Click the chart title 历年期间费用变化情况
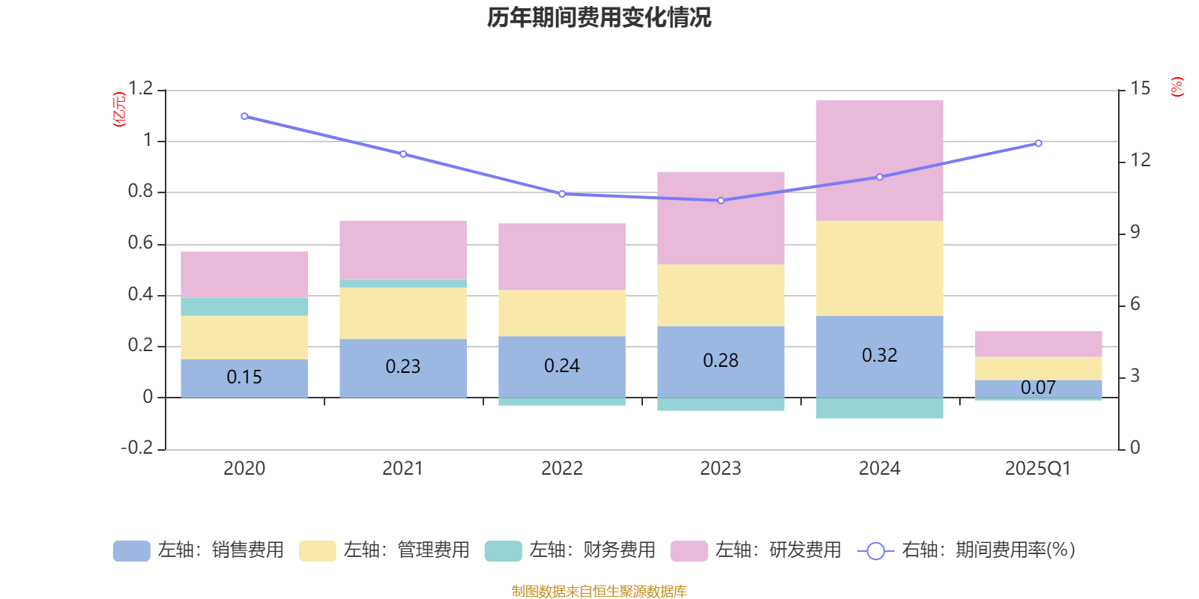[599, 17]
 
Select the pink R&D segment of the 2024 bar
[879, 160]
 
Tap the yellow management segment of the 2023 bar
[720, 295]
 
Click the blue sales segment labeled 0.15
[244, 377]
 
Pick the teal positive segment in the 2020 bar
[244, 307]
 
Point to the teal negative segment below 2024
[879, 408]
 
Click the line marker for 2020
[244, 116]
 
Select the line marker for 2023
[721, 201]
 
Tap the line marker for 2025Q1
[1038, 143]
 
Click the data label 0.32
[879, 355]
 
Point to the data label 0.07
[1038, 388]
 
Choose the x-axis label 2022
[561, 469]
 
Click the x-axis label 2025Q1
[1038, 469]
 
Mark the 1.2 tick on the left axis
[140, 89]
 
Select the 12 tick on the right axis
[1140, 160]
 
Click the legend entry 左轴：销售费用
[199, 550]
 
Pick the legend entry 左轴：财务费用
[571, 550]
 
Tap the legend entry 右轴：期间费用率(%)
[967, 550]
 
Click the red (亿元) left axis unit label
[118, 109]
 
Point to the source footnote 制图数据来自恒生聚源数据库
[599, 592]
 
